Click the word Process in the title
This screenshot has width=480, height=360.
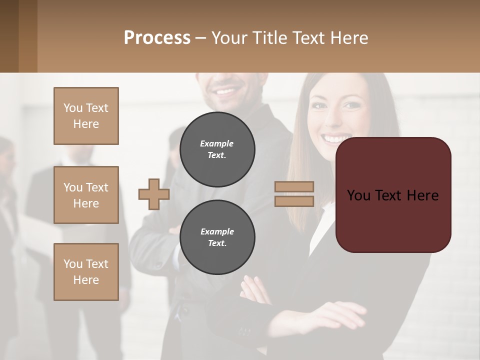tap(157, 38)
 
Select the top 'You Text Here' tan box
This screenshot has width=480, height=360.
tap(86, 116)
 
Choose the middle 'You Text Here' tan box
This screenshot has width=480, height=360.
tap(86, 195)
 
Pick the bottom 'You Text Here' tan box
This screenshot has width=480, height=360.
tap(86, 272)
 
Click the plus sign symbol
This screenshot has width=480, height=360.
tap(154, 194)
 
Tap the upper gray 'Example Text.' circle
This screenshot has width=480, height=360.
tap(217, 149)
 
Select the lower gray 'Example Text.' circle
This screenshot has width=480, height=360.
tap(217, 237)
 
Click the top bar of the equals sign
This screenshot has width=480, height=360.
tap(294, 186)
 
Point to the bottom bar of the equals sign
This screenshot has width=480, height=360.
tap(294, 201)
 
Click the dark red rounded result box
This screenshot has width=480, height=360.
tap(393, 195)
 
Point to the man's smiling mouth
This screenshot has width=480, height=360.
tap(226, 91)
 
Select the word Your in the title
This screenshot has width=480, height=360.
tap(229, 38)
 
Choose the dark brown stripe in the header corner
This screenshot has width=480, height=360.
tap(9, 36)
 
